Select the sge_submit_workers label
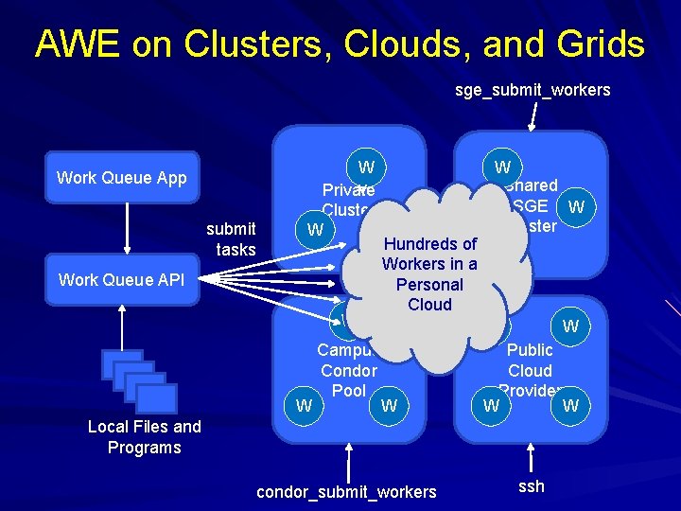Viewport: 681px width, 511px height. (533, 90)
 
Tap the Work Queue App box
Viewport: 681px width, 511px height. (122, 178)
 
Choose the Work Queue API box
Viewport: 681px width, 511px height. (122, 279)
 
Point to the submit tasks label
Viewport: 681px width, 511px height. (231, 238)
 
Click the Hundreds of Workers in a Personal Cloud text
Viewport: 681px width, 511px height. (429, 274)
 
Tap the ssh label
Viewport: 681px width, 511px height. (532, 486)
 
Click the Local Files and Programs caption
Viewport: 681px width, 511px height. (144, 437)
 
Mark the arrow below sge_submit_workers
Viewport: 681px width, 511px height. (533, 116)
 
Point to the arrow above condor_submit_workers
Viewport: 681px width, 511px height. (350, 462)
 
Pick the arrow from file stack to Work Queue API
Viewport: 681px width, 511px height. (122, 327)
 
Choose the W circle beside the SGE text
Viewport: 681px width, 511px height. (576, 206)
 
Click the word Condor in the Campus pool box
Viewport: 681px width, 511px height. (348, 371)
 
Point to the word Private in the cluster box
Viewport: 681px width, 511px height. (348, 190)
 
